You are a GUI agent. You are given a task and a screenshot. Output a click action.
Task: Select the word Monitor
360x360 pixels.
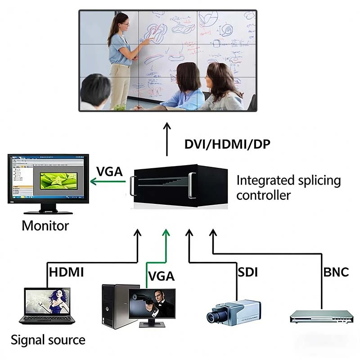point(45,225)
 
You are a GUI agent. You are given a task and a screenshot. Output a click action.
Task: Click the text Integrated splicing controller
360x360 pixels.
point(288,188)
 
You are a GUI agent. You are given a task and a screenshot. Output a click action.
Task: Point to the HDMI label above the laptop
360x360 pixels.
point(66,272)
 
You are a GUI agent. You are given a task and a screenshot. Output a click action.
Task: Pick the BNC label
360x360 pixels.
point(336,272)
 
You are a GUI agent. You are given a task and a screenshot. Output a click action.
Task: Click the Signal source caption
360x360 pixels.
point(48,339)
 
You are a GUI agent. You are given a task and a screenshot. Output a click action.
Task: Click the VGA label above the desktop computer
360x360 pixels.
point(161,276)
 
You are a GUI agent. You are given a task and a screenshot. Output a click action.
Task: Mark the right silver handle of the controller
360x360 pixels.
point(192,185)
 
